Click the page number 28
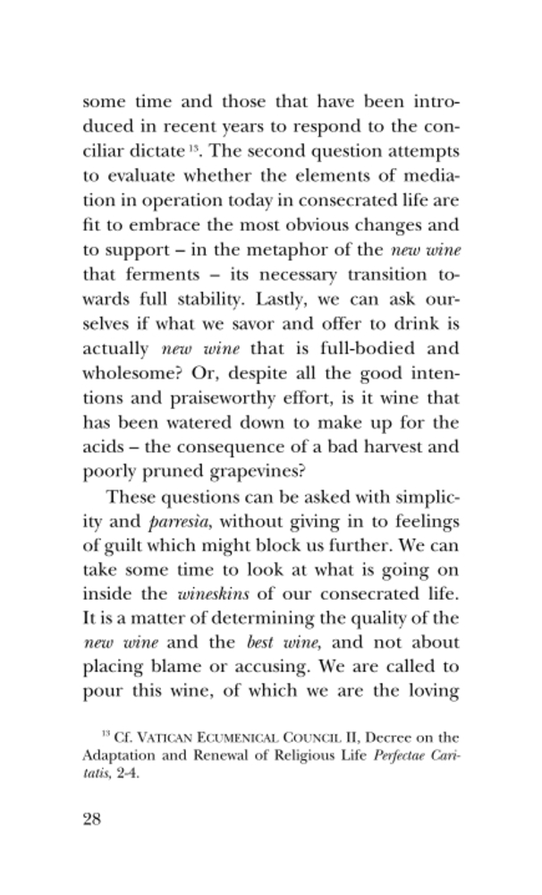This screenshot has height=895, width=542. [90, 822]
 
